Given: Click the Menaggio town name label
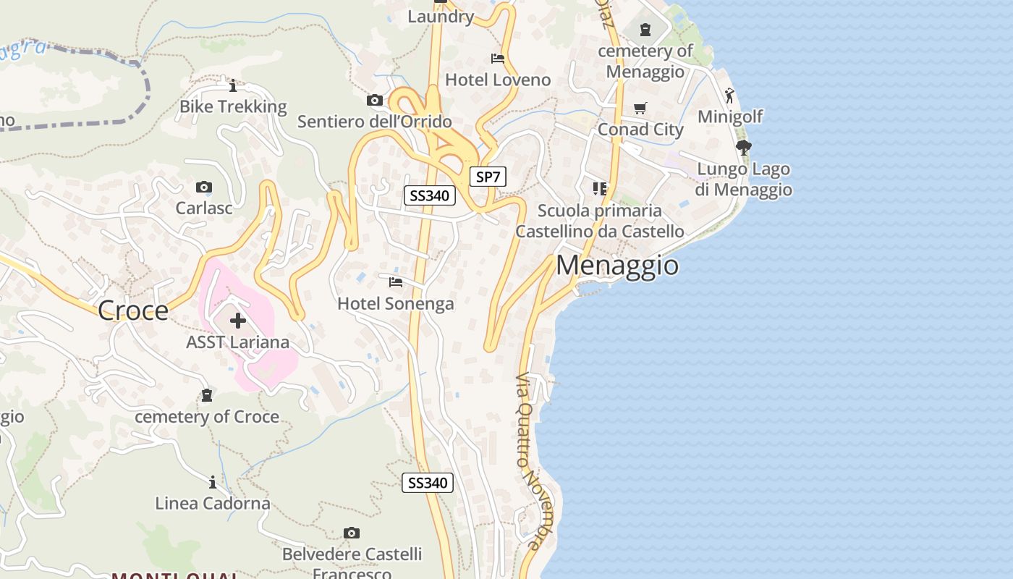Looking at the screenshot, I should coord(617,265).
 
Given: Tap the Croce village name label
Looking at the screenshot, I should coord(132,310).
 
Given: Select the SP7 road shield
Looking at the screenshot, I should coord(488,176).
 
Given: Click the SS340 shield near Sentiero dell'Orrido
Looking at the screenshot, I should coord(429,195).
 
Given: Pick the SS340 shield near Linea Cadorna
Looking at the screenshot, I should coord(428,483).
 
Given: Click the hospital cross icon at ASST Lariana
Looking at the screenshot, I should coord(238,321).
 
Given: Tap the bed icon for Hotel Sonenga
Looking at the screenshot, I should coord(396,282).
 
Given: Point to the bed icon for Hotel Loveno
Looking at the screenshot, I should coord(498,58).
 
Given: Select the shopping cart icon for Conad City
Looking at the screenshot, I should coord(640,108).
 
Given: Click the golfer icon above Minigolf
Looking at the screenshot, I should coord(730,95).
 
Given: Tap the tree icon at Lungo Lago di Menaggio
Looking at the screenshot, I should coord(743,148).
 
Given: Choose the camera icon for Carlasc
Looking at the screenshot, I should coord(204,187).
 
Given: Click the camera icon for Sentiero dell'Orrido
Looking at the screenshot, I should coord(374,101).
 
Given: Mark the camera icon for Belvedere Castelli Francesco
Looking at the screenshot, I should coord(352,533).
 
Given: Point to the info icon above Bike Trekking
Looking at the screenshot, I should coord(233,86).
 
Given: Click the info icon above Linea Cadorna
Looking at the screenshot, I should coord(213,482).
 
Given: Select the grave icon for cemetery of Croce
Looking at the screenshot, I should coord(207,395).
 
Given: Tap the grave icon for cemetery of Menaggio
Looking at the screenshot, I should coord(645,30).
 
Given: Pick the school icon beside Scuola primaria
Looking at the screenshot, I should coord(599,189).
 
